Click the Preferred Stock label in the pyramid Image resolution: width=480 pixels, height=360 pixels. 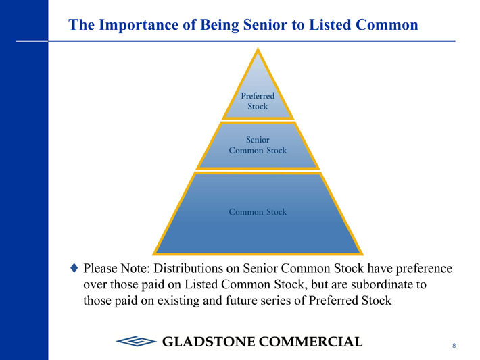tap(258, 101)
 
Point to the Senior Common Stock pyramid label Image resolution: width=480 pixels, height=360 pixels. tap(258, 145)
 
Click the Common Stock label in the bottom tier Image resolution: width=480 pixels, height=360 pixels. tap(258, 212)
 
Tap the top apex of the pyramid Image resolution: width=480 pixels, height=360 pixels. tap(258, 48)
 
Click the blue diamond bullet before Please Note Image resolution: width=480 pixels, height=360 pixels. tap(74, 268)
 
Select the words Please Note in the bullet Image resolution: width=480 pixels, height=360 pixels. tap(117, 268)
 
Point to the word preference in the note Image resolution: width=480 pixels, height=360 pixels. tap(424, 269)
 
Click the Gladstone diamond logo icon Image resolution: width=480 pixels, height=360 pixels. tap(136, 341)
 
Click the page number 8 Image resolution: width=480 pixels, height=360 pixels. tap(454, 346)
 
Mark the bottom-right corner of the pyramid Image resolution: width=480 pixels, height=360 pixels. tap(363, 255)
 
